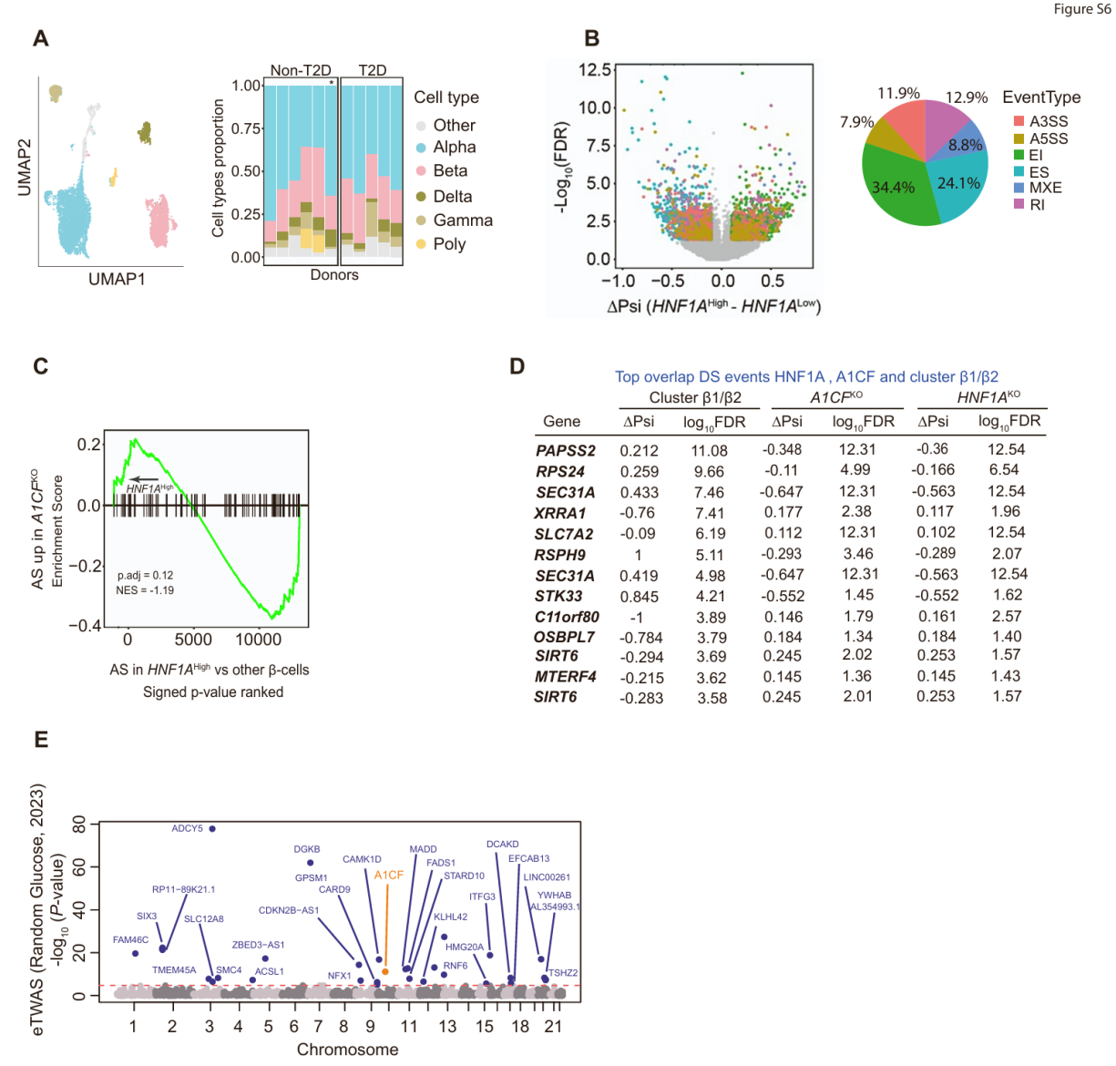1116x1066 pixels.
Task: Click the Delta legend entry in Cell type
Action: (452, 197)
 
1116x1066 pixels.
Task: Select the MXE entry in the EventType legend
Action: (1045, 188)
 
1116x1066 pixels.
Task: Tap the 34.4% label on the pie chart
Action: (893, 188)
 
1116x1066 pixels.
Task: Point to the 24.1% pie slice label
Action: (958, 183)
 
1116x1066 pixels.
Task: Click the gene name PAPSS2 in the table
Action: (565, 451)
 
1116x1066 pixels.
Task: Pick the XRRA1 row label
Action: (560, 514)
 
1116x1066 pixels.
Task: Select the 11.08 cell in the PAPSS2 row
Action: (709, 451)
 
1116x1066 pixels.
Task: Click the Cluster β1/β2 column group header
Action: (694, 397)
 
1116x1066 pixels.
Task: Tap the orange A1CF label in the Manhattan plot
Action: (389, 875)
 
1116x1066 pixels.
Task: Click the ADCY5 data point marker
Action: (212, 829)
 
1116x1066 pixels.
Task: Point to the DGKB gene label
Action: (307, 849)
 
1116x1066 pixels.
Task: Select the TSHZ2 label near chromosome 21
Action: (563, 973)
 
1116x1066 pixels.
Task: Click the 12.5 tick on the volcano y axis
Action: (595, 70)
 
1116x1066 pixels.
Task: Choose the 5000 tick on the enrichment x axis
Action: (193, 640)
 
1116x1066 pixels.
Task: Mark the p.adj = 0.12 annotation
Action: (145, 576)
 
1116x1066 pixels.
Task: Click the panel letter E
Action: (41, 739)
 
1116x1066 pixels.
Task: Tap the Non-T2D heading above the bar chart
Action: (300, 70)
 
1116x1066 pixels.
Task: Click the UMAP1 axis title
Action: (117, 279)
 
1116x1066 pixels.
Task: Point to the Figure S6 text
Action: (1081, 9)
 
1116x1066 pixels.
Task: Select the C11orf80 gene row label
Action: (567, 617)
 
